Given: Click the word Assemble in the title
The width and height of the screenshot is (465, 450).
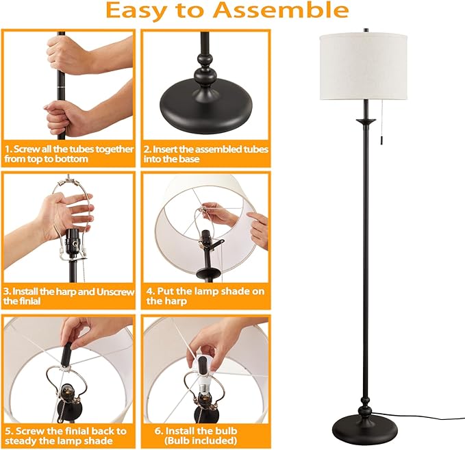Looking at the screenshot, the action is click(x=281, y=10).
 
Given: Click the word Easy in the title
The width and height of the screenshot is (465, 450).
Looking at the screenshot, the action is click(x=137, y=11).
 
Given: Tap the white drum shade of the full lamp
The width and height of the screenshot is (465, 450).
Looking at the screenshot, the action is click(x=363, y=67).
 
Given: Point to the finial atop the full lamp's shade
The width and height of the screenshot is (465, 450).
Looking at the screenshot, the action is click(x=366, y=31).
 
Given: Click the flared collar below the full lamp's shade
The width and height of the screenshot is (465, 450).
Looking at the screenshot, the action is click(x=366, y=121).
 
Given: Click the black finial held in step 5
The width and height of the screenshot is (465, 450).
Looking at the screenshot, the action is click(x=65, y=354).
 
